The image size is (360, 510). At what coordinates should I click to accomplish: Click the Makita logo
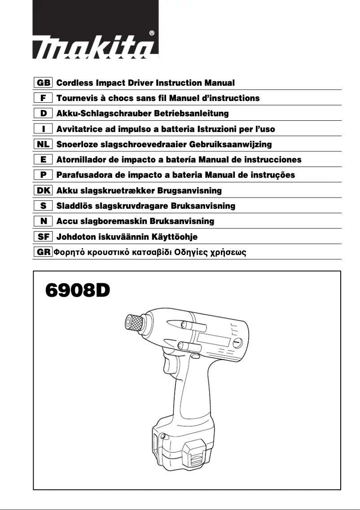click(x=95, y=45)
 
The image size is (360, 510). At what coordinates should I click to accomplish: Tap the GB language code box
click(x=44, y=83)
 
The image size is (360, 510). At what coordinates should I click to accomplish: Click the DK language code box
click(x=44, y=191)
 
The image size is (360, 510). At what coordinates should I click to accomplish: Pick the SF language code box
click(x=44, y=237)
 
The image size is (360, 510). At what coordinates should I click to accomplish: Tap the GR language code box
click(x=44, y=252)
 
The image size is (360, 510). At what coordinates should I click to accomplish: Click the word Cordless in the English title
click(x=75, y=83)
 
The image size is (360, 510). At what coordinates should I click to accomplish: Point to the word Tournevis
click(x=77, y=98)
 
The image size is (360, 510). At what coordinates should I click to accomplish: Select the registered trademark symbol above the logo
click(x=151, y=33)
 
